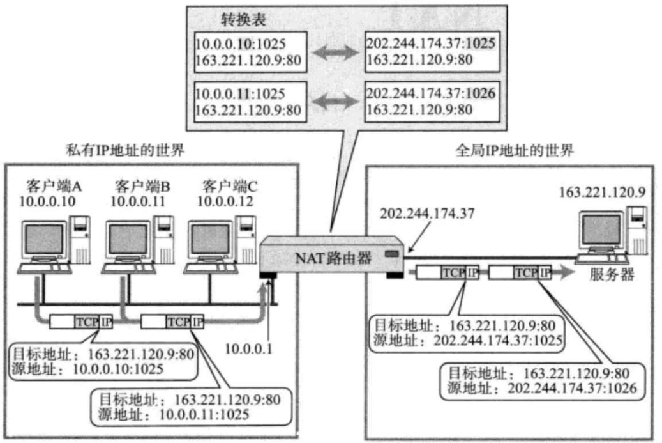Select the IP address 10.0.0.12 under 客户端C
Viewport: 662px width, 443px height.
point(225,202)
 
